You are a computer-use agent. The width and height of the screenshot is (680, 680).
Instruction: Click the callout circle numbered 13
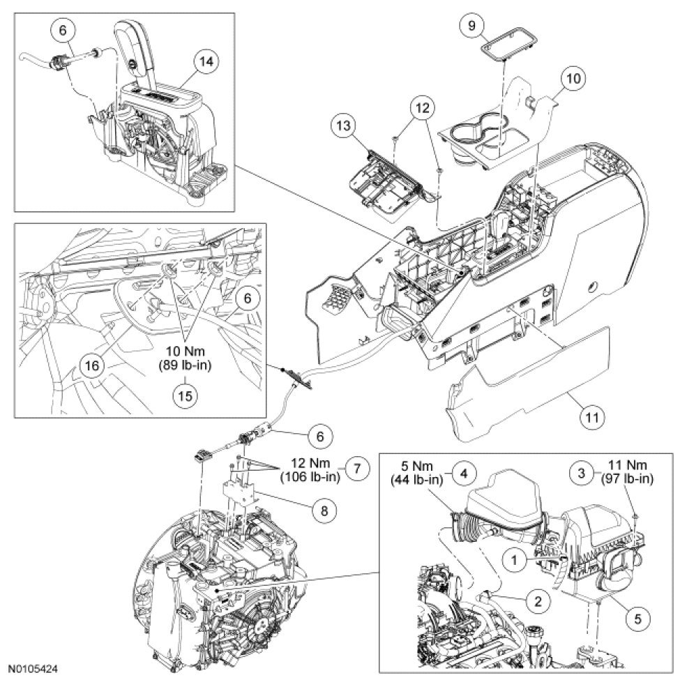343,128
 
